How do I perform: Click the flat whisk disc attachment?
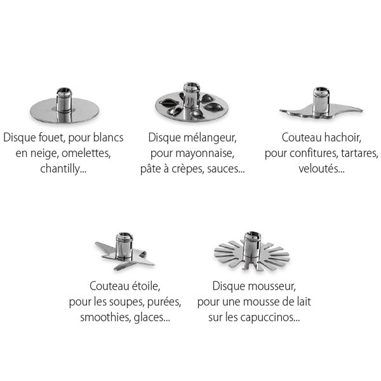(x=63, y=111)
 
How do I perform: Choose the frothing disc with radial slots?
(x=252, y=251)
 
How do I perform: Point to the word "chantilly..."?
(x=63, y=168)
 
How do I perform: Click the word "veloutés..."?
(x=321, y=168)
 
